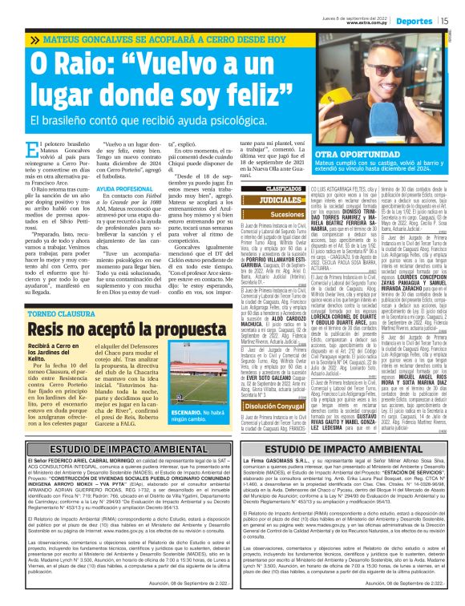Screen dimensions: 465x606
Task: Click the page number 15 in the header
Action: pyautogui.click(x=443, y=10)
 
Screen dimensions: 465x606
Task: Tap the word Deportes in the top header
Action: pyautogui.click(x=414, y=10)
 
